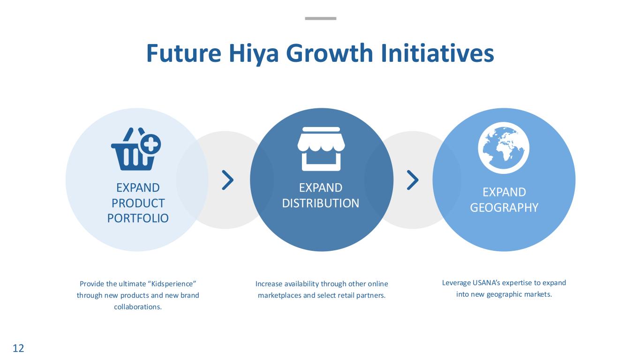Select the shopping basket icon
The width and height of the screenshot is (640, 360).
[136, 149]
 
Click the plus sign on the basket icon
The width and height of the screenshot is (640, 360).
[151, 144]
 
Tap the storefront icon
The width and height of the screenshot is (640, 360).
[321, 149]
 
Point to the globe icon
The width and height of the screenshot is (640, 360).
[504, 148]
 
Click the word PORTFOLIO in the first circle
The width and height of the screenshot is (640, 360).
[138, 218]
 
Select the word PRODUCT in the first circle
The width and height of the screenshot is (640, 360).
[138, 203]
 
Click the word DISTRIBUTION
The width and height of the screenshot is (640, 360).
[321, 203]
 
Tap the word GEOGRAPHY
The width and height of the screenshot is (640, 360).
[504, 208]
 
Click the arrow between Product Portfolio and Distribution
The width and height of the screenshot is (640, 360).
[228, 180]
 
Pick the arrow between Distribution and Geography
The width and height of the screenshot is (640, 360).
[413, 180]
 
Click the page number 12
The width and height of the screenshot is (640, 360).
[18, 348]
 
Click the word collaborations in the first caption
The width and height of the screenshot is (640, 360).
[138, 307]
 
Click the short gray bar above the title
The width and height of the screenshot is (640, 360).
[321, 19]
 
